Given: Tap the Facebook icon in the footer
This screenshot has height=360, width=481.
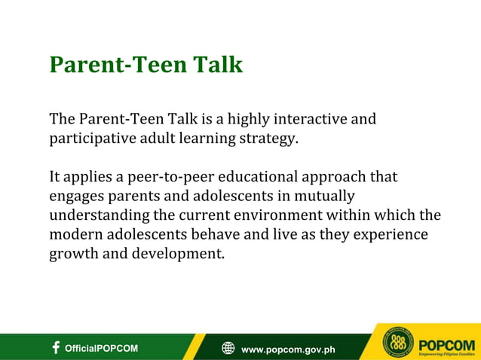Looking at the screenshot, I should click(x=56, y=347).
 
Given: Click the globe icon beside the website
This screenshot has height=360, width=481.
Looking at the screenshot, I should click(x=228, y=348).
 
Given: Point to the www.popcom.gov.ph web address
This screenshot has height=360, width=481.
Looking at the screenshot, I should click(x=288, y=349).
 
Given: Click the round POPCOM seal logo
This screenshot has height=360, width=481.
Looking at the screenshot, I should click(x=398, y=343).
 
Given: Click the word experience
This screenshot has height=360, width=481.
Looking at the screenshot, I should click(x=389, y=235).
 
